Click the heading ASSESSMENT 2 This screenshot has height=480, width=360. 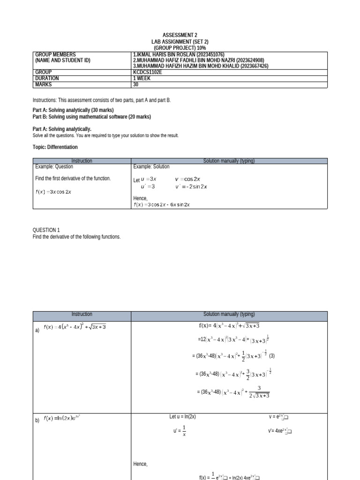[x=180, y=35]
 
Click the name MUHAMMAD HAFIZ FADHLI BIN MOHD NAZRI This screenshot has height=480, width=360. [x=186, y=60]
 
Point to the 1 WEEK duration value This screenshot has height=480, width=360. [x=142, y=79]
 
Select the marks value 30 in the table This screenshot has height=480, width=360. [x=136, y=85]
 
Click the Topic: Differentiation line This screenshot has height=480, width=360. [x=55, y=147]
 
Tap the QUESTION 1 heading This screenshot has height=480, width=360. [x=46, y=230]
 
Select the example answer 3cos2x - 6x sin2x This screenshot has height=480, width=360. [x=162, y=205]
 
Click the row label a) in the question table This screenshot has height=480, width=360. [x=37, y=330]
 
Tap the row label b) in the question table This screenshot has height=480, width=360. [x=37, y=420]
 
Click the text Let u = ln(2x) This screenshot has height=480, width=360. [x=182, y=417]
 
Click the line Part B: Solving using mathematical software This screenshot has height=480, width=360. [x=91, y=117]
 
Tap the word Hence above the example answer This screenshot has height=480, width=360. [x=140, y=199]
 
